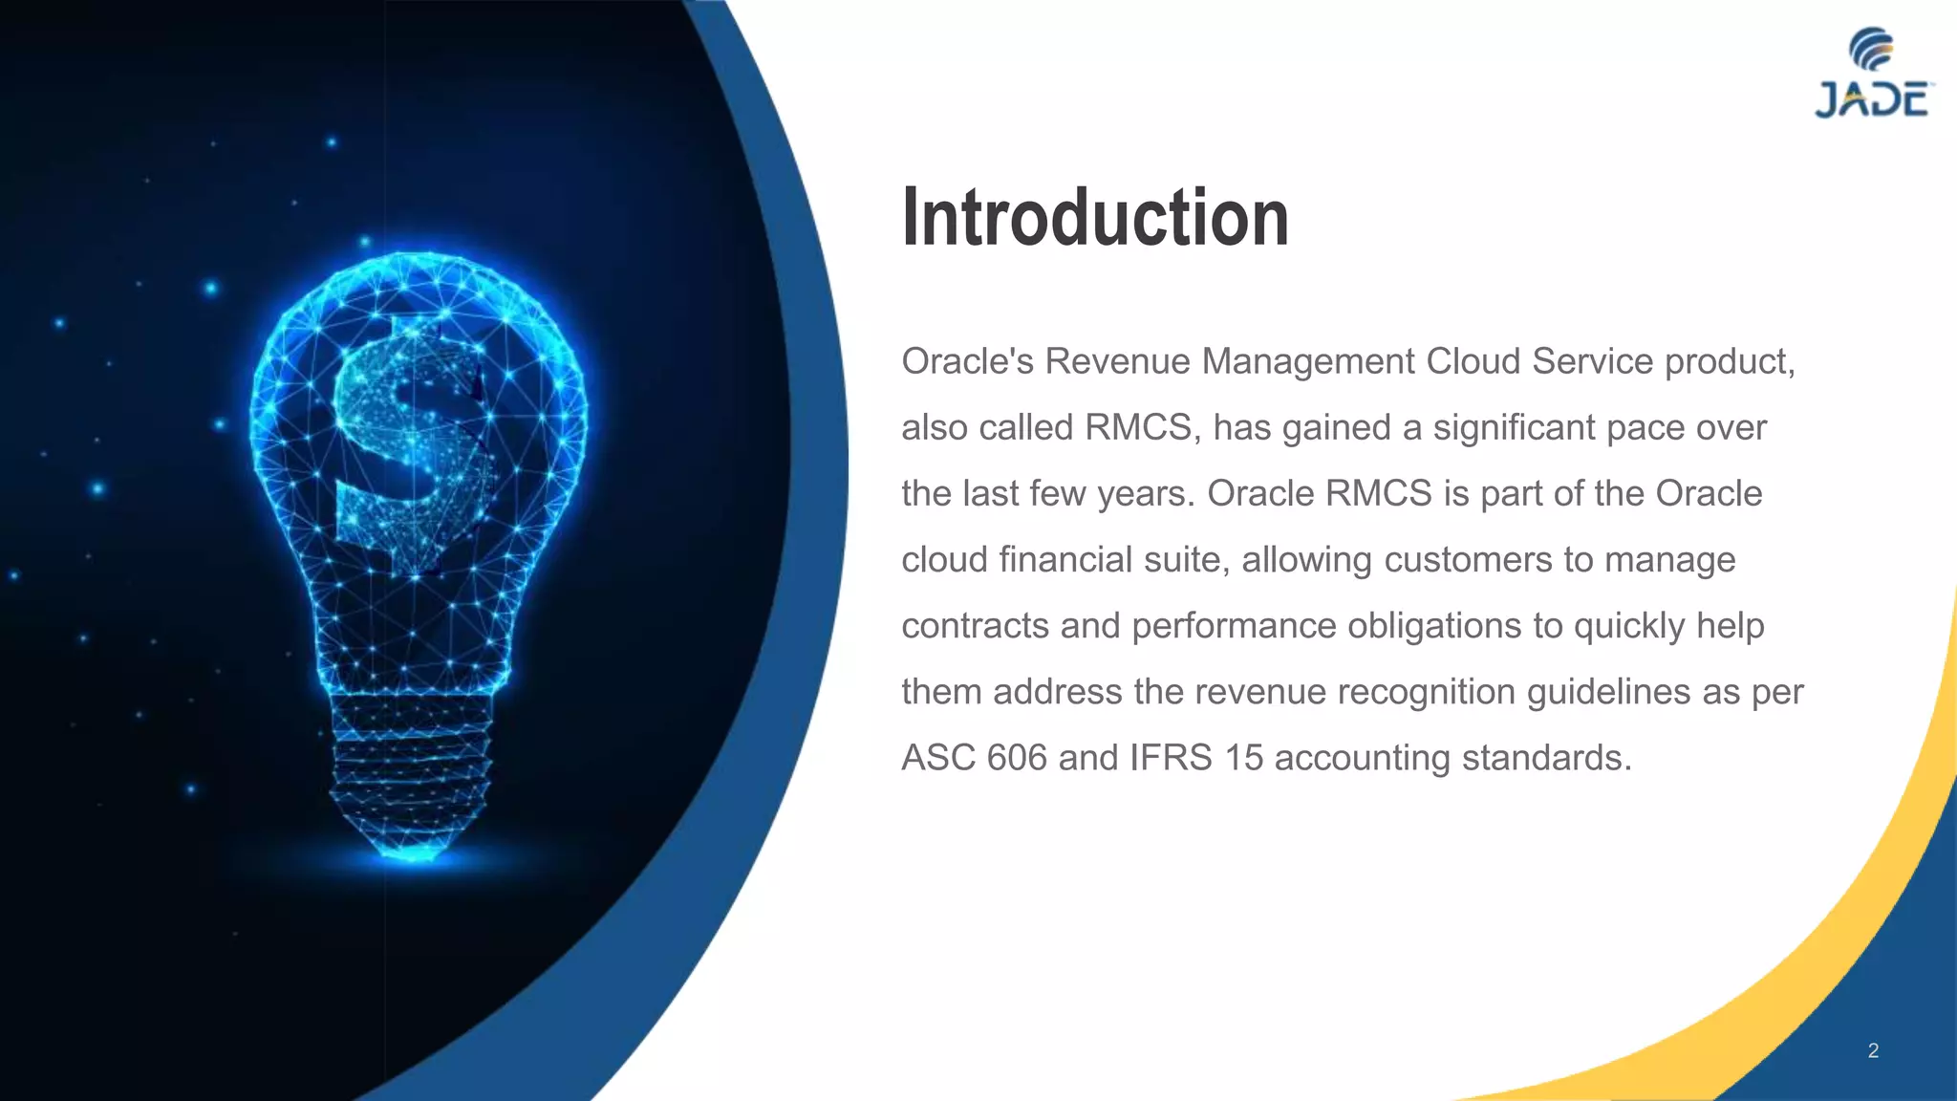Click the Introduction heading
[1095, 218]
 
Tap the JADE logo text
[1872, 100]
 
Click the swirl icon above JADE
[1871, 49]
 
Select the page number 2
[1873, 1050]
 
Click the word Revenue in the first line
[1117, 361]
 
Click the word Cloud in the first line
[1473, 361]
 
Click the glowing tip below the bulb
[413, 853]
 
